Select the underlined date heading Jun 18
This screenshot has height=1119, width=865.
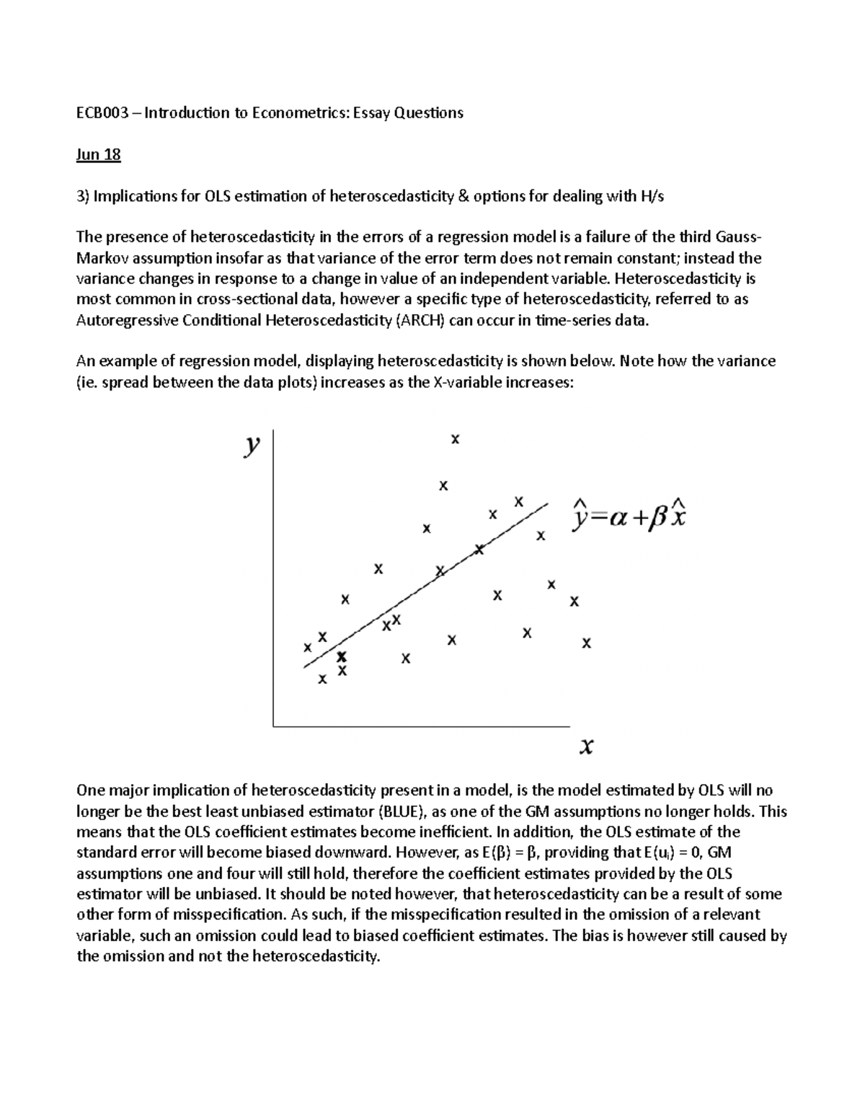tap(98, 154)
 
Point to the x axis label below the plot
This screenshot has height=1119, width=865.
tap(587, 747)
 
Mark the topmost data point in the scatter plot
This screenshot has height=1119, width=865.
tap(455, 439)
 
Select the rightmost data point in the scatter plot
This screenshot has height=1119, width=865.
tap(586, 643)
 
